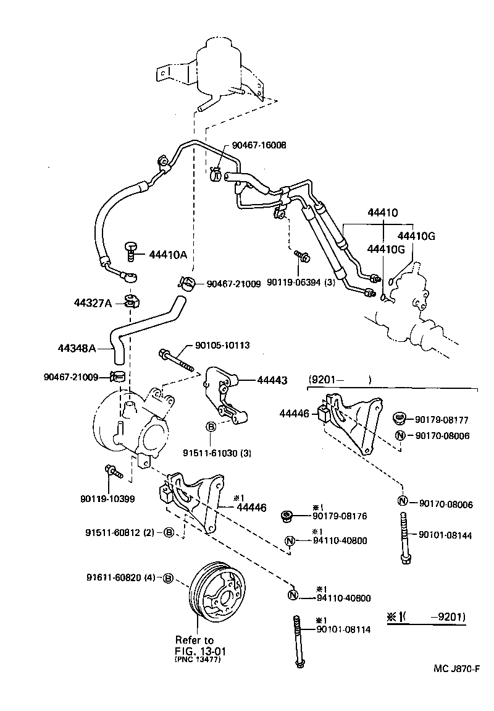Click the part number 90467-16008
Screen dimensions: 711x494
(259, 145)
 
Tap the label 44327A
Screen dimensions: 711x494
(93, 303)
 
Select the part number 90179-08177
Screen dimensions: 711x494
(442, 420)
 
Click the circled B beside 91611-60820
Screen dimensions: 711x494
(167, 578)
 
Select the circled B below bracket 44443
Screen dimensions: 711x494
(210, 427)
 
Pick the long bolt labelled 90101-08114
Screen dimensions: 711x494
(298, 641)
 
